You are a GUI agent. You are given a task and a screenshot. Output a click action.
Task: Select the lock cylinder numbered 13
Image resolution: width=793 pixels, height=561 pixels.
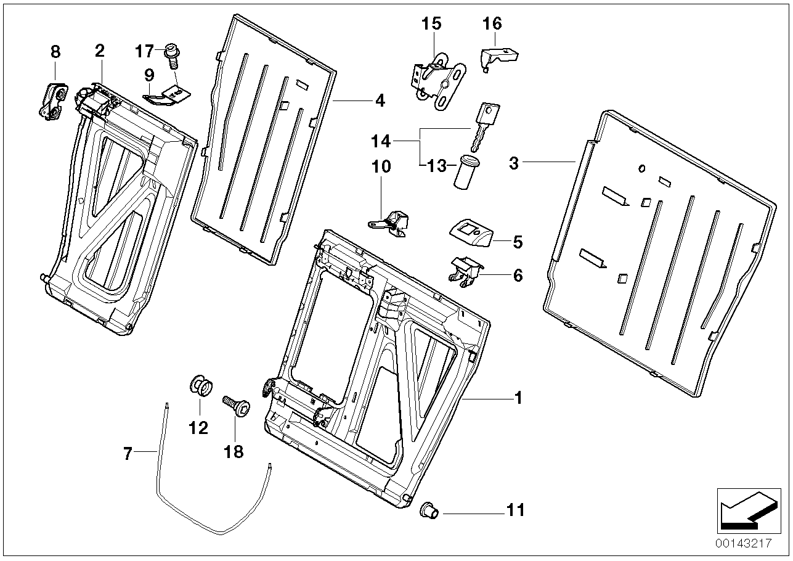pyautogui.click(x=466, y=173)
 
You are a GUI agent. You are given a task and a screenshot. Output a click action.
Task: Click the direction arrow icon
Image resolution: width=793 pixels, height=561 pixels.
pyautogui.click(x=746, y=509)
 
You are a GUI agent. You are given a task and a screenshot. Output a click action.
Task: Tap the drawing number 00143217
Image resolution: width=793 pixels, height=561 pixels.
pyautogui.click(x=744, y=544)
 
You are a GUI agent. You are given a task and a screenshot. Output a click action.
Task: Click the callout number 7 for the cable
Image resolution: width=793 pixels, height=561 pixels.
pyautogui.click(x=128, y=454)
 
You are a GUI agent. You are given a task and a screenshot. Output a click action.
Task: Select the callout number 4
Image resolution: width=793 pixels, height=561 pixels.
pyautogui.click(x=380, y=100)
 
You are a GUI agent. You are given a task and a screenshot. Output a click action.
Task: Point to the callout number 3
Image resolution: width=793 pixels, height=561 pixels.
pyautogui.click(x=514, y=163)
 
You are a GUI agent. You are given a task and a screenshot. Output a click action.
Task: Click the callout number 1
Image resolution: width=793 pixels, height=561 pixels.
pyautogui.click(x=518, y=398)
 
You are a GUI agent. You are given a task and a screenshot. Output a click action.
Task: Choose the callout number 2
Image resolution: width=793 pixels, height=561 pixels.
pyautogui.click(x=99, y=51)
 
